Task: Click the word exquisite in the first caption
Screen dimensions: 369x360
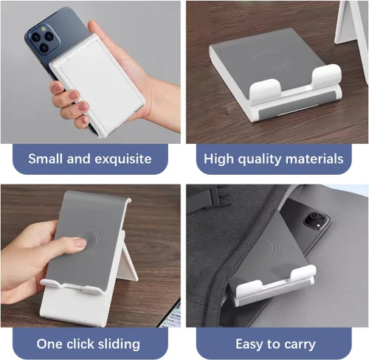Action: pos(123,159)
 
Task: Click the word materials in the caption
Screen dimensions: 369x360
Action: pos(314,159)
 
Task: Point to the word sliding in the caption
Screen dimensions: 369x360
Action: pos(119,344)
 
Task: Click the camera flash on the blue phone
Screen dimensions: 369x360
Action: pos(44,29)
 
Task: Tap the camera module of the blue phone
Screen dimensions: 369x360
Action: pos(44,39)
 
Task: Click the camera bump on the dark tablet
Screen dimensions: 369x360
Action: pos(316,220)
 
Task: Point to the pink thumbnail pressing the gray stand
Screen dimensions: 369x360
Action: pos(80,243)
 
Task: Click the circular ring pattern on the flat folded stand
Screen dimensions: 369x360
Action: pos(272,61)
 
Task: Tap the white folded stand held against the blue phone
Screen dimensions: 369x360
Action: pos(98,85)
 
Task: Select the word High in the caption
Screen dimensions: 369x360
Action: pos(218,159)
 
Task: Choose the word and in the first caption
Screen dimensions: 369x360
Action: pos(79,159)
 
